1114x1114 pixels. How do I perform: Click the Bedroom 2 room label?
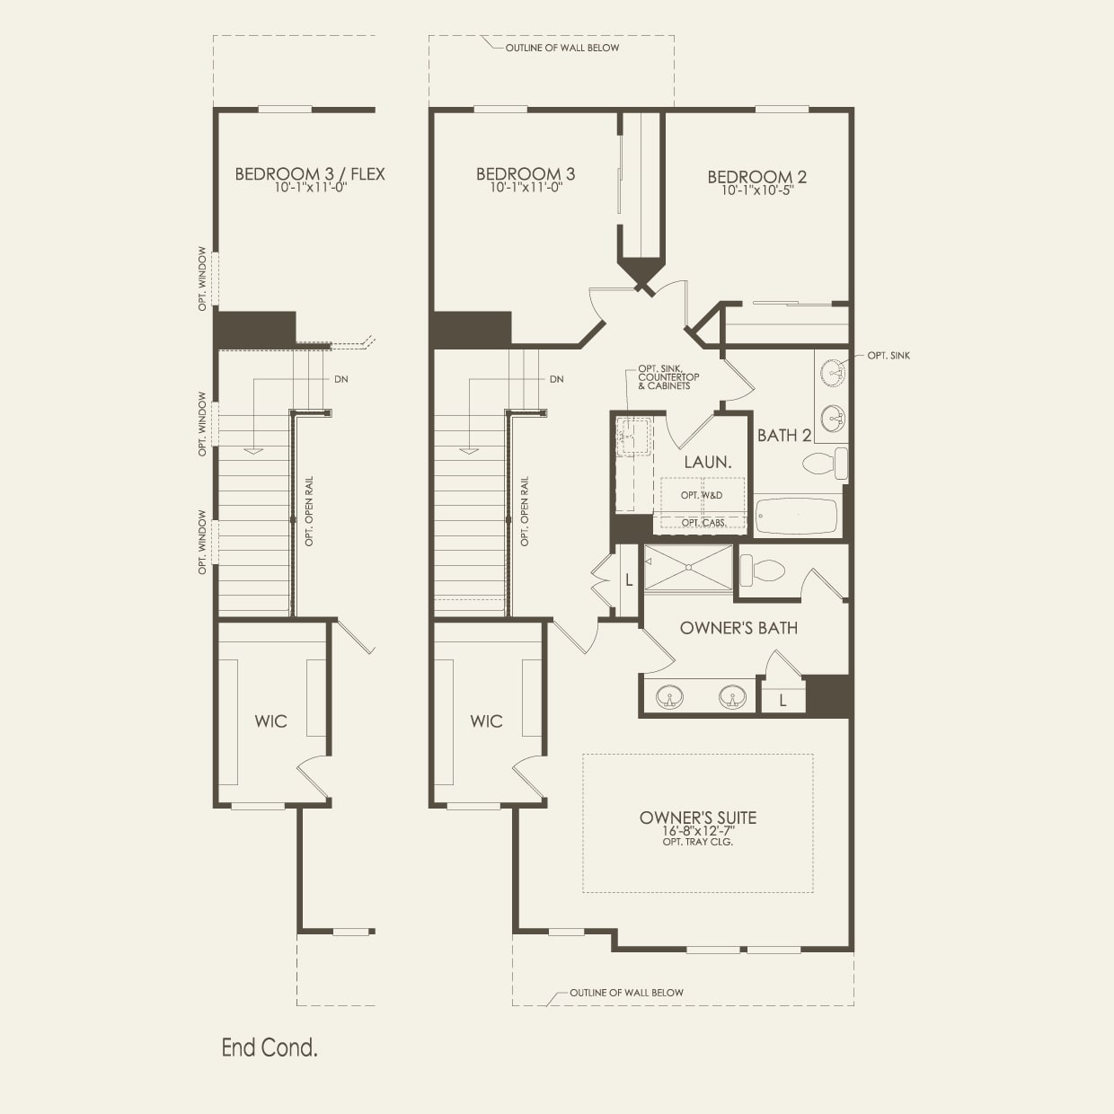point(756,177)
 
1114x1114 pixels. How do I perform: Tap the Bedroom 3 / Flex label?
point(309,173)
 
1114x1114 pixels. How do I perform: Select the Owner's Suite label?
point(698,818)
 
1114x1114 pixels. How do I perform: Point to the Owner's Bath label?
point(738,628)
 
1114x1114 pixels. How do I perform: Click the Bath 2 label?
point(783,436)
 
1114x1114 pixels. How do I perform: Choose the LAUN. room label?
point(707,462)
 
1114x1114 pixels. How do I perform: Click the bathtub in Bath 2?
point(796,517)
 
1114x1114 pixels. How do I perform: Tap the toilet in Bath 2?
point(825,464)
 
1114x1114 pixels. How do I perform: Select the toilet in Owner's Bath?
point(762,570)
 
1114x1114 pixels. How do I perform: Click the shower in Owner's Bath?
point(688,568)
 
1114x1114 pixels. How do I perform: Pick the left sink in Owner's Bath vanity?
point(669,696)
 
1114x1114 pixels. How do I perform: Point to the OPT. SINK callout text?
point(889,356)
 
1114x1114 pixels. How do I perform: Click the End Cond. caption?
point(270,1048)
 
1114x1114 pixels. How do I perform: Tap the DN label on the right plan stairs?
point(556,379)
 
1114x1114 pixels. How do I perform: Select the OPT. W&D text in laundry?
point(701,495)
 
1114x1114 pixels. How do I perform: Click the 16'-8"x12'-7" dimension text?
point(698,831)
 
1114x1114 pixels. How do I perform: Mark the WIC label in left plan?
point(270,721)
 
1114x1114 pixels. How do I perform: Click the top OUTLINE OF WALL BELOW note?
point(561,48)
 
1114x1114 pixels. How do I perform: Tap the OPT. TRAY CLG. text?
point(698,842)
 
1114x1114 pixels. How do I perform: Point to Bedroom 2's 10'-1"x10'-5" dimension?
point(756,190)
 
